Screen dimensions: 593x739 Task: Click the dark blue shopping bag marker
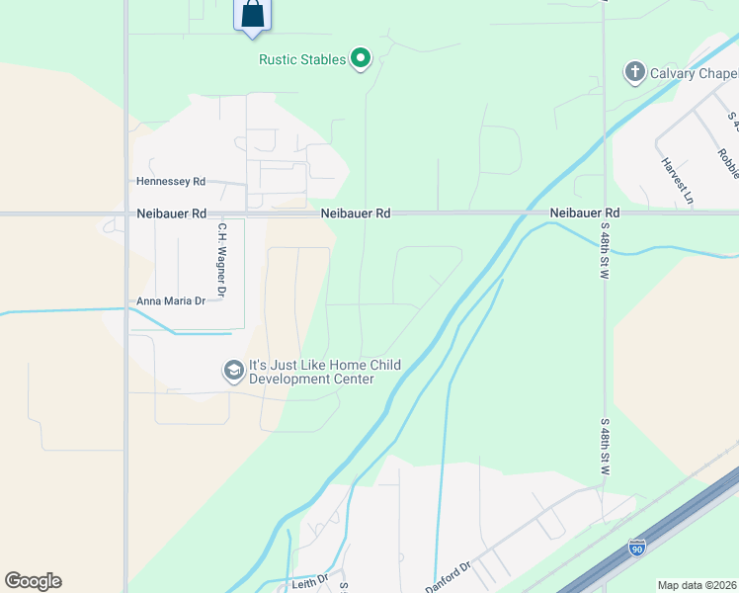(x=253, y=14)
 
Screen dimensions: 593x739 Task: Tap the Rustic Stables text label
(x=302, y=59)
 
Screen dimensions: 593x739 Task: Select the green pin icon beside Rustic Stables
(x=361, y=59)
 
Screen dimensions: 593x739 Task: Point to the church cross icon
(x=634, y=72)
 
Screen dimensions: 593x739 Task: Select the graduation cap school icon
(x=234, y=372)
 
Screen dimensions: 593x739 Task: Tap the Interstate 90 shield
(x=637, y=547)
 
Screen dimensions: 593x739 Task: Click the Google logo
(x=33, y=581)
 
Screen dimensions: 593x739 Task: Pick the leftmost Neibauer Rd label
(x=172, y=212)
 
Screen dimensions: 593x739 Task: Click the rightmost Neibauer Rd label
(x=584, y=212)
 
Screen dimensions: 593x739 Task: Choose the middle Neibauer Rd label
(x=355, y=212)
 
